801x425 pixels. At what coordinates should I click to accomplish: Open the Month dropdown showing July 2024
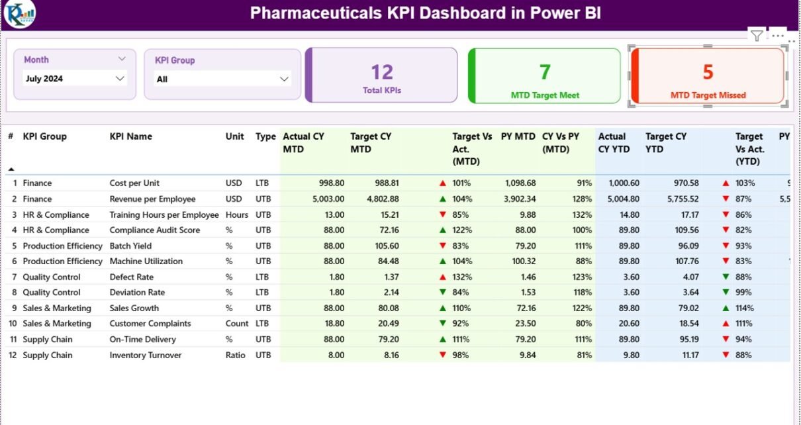tap(74, 79)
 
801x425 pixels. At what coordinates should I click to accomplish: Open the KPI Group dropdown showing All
tap(222, 79)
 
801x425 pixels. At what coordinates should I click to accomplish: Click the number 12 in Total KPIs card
tap(382, 71)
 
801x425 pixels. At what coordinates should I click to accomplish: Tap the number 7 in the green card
tap(545, 71)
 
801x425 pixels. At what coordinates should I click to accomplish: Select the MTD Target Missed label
tap(708, 95)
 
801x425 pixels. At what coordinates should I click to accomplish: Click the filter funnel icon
tap(756, 36)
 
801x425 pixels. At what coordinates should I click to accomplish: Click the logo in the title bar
tap(19, 14)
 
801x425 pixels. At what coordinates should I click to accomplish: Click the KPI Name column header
tap(130, 136)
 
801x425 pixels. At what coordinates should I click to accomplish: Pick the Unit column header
tap(234, 136)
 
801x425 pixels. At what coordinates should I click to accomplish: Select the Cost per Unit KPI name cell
tap(134, 183)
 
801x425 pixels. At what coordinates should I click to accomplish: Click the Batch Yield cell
tap(131, 246)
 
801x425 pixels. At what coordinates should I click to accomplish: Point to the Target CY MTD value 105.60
tap(384, 246)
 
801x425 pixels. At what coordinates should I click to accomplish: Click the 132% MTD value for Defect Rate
tap(462, 277)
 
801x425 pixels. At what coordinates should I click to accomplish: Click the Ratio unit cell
tap(236, 355)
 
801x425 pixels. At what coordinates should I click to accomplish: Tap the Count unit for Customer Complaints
tap(237, 324)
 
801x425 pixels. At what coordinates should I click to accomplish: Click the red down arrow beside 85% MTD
tap(442, 214)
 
